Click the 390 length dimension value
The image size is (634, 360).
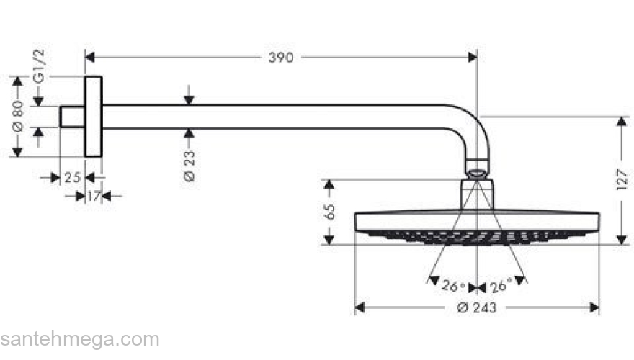[x=281, y=58]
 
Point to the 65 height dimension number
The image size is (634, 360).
[x=330, y=212]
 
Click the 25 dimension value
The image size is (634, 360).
[x=73, y=178]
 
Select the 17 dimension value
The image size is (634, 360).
[x=93, y=195]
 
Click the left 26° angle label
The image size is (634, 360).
[x=452, y=287]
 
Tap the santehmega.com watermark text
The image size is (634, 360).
[x=79, y=339]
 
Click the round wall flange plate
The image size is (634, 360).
[x=93, y=116]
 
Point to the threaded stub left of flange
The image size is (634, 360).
[x=72, y=117]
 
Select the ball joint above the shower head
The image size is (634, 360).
[x=477, y=171]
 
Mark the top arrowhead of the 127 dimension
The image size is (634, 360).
[x=621, y=121]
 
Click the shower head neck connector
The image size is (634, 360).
[x=477, y=194]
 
